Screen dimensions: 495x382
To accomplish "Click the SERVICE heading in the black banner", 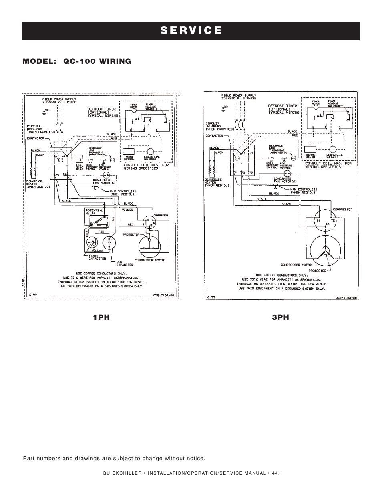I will [x=191, y=31].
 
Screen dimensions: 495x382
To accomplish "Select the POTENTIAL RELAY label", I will [x=93, y=212].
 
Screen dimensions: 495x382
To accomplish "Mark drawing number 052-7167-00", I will [x=164, y=296].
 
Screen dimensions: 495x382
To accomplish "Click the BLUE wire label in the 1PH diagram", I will [x=86, y=234].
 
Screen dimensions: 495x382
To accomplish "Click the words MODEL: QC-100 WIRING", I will [x=77, y=61].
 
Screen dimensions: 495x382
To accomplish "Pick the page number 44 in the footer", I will [x=274, y=473].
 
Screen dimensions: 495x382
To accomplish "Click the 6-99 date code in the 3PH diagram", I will [x=212, y=297].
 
